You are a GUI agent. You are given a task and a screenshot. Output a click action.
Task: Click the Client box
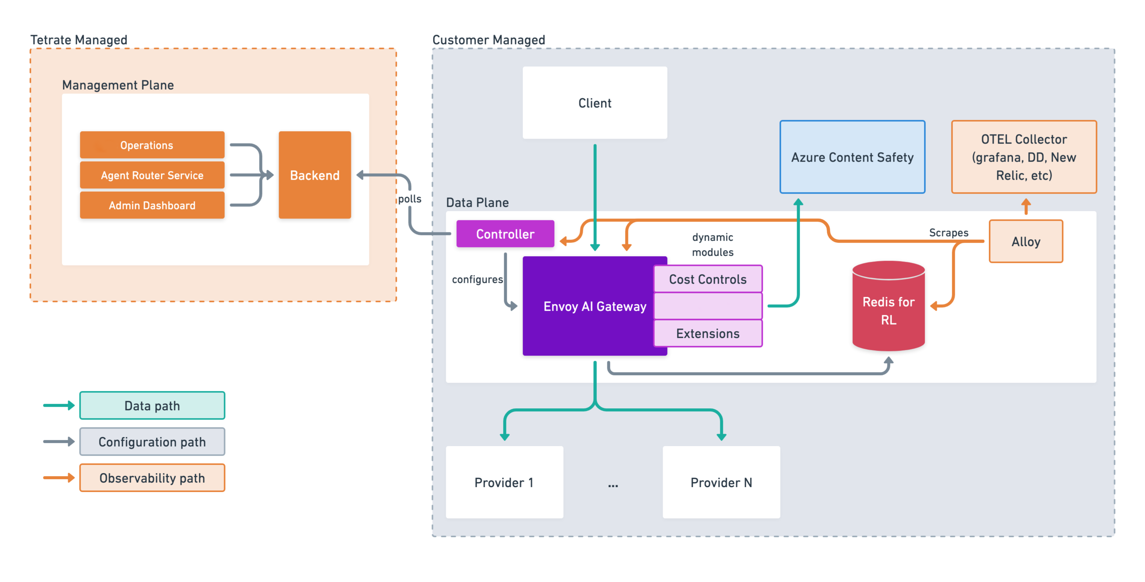pyautogui.click(x=595, y=103)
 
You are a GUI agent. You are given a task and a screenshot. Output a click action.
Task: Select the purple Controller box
pyautogui.click(x=505, y=234)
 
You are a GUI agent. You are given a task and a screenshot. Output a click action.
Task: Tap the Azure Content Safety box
pyautogui.click(x=852, y=157)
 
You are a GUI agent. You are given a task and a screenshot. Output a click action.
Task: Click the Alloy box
pyautogui.click(x=1026, y=241)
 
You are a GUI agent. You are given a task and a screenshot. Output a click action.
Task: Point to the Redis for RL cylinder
pyautogui.click(x=889, y=306)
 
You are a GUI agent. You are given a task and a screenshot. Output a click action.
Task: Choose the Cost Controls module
pyautogui.click(x=707, y=279)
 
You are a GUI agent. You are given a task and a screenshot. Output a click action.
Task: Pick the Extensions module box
pyautogui.click(x=707, y=333)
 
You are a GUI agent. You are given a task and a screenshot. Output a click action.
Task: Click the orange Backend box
pyautogui.click(x=315, y=175)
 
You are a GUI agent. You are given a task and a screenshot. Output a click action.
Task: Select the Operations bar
pyautogui.click(x=152, y=145)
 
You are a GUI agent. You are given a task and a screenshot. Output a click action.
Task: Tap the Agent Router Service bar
pyautogui.click(x=152, y=175)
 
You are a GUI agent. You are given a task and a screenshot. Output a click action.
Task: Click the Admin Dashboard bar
pyautogui.click(x=152, y=205)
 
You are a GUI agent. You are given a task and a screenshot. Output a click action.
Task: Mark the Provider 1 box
pyautogui.click(x=505, y=482)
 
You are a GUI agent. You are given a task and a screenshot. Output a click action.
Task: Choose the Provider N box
pyautogui.click(x=721, y=482)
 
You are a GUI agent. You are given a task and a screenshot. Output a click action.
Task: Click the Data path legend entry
pyautogui.click(x=152, y=405)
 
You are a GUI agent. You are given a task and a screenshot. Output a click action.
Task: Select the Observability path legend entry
pyautogui.click(x=152, y=478)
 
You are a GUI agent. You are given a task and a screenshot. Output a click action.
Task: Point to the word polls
pyautogui.click(x=409, y=199)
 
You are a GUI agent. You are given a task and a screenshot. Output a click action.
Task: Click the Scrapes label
pyautogui.click(x=948, y=232)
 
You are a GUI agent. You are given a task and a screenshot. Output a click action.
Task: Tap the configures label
pyautogui.click(x=477, y=279)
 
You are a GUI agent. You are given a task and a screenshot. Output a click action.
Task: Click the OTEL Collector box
pyautogui.click(x=1024, y=157)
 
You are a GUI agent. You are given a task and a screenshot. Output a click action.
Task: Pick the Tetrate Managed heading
pyautogui.click(x=79, y=40)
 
